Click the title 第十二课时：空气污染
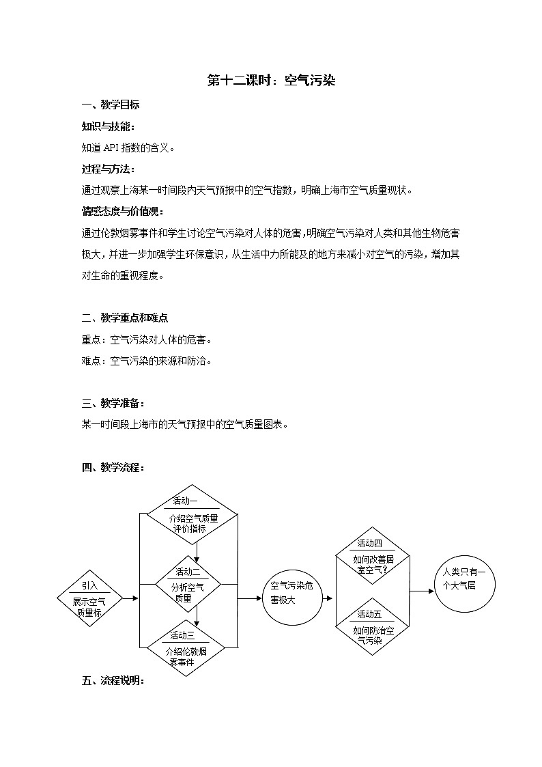pyautogui.click(x=271, y=81)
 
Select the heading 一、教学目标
pyautogui.click(x=111, y=104)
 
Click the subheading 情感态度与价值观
pyautogui.click(x=122, y=211)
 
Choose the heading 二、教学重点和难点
pyautogui.click(x=125, y=318)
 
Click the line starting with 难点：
pyautogui.click(x=146, y=360)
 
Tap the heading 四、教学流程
pyautogui.click(x=113, y=467)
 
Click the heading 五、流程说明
pyautogui.click(x=113, y=680)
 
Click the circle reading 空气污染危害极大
pyautogui.click(x=291, y=594)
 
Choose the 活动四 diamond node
pyautogui.click(x=373, y=555)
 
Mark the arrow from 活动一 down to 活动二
pyautogui.click(x=197, y=549)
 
